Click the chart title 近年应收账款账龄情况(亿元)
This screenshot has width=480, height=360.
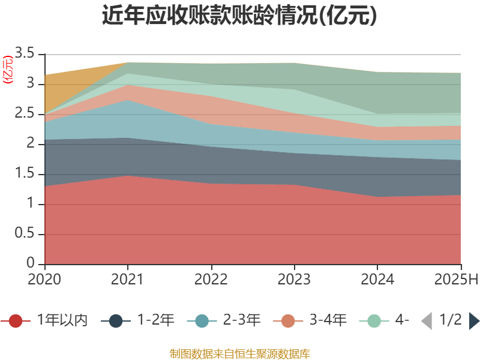pyautogui.click(x=239, y=16)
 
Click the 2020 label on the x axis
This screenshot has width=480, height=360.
pyautogui.click(x=45, y=280)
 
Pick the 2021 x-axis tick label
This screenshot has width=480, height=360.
pyautogui.click(x=128, y=280)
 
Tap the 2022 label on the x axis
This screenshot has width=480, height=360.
pyautogui.click(x=211, y=280)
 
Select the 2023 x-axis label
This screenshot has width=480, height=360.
pyautogui.click(x=294, y=280)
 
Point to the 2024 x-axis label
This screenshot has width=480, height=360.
pyautogui.click(x=377, y=280)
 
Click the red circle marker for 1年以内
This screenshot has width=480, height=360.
pyautogui.click(x=16, y=321)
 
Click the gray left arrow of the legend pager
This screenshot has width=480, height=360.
pyautogui.click(x=426, y=321)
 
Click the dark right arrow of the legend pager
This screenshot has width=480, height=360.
pyautogui.click(x=474, y=321)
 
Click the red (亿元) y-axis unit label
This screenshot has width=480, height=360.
pyautogui.click(x=7, y=70)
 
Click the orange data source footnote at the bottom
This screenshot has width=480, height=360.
pyautogui.click(x=239, y=353)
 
